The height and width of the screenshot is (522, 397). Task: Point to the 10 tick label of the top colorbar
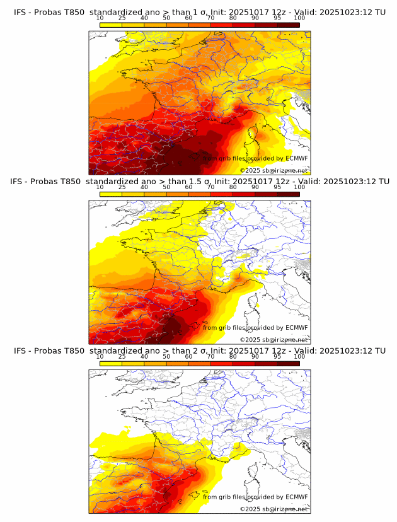click(100, 18)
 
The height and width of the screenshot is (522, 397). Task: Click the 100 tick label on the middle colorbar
click(299, 187)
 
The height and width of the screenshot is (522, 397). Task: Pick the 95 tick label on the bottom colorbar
click(277, 356)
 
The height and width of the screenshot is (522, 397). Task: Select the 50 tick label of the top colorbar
click(166, 18)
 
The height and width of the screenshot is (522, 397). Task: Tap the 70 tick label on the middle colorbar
click(210, 187)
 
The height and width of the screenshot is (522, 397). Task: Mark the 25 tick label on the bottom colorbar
click(122, 356)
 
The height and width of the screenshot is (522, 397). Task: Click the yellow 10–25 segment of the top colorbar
click(110, 25)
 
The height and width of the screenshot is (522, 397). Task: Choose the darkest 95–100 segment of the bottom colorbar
click(288, 364)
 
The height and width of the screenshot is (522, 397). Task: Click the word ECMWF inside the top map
click(296, 158)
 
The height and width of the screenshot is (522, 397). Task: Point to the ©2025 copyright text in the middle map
click(250, 339)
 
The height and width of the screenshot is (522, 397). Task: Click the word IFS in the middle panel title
click(21, 182)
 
